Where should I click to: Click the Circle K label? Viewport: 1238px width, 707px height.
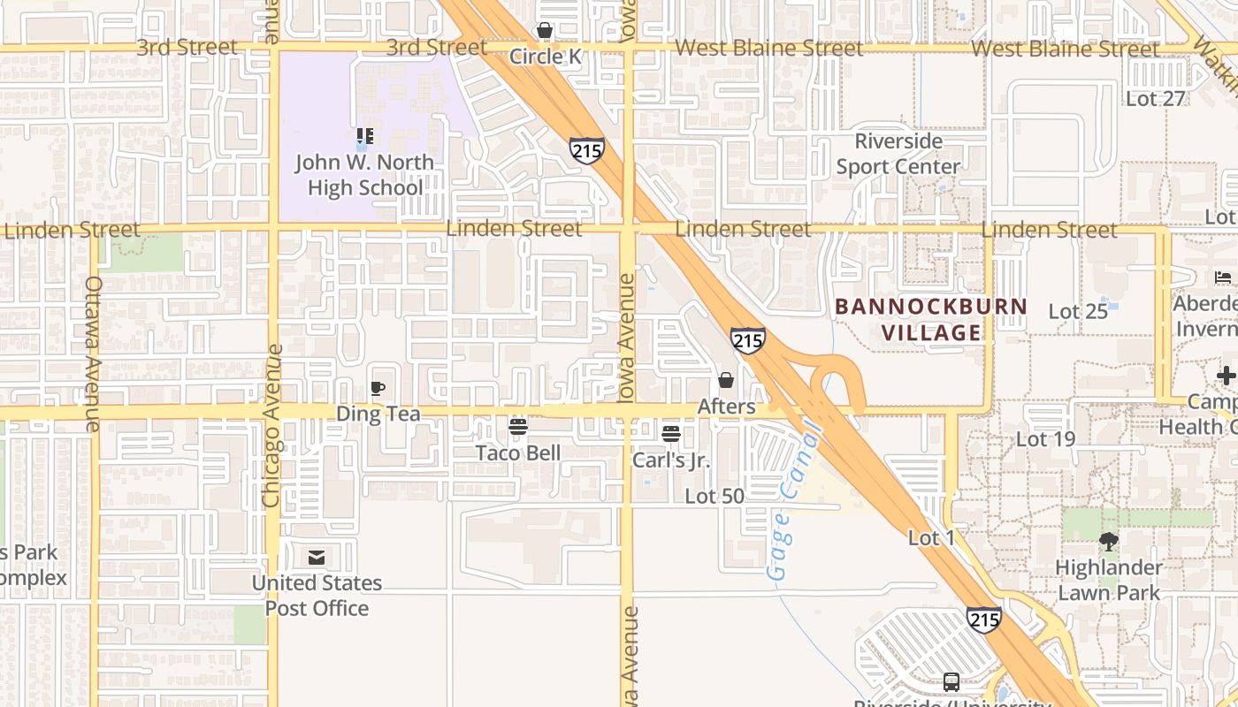pyautogui.click(x=546, y=57)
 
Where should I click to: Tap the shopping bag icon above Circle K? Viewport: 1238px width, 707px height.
pyautogui.click(x=545, y=31)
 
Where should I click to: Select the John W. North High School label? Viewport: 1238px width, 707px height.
pyautogui.click(x=364, y=175)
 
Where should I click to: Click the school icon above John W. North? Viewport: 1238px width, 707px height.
pyautogui.click(x=364, y=136)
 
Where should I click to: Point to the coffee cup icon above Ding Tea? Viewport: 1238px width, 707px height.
pyautogui.click(x=378, y=388)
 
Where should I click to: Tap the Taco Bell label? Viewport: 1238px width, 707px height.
pyautogui.click(x=518, y=452)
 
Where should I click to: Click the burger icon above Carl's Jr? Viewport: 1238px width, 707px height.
pyautogui.click(x=671, y=434)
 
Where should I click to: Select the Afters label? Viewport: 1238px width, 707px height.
pyautogui.click(x=726, y=407)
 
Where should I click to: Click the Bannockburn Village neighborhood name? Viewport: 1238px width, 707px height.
pyautogui.click(x=931, y=320)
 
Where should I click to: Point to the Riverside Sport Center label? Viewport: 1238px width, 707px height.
pyautogui.click(x=898, y=154)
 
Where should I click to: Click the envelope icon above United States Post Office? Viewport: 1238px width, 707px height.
pyautogui.click(x=317, y=558)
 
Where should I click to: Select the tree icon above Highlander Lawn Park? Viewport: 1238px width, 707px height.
pyautogui.click(x=1109, y=542)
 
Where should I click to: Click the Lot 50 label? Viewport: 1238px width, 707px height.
pyautogui.click(x=715, y=497)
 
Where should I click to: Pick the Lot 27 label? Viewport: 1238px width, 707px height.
pyautogui.click(x=1155, y=98)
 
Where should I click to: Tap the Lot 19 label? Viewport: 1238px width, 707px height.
pyautogui.click(x=1045, y=438)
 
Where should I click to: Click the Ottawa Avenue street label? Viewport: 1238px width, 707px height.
pyautogui.click(x=94, y=353)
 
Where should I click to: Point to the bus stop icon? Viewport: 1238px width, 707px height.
pyautogui.click(x=951, y=682)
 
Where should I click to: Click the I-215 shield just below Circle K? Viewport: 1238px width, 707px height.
pyautogui.click(x=587, y=150)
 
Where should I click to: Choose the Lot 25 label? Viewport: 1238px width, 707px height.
pyautogui.click(x=1078, y=311)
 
